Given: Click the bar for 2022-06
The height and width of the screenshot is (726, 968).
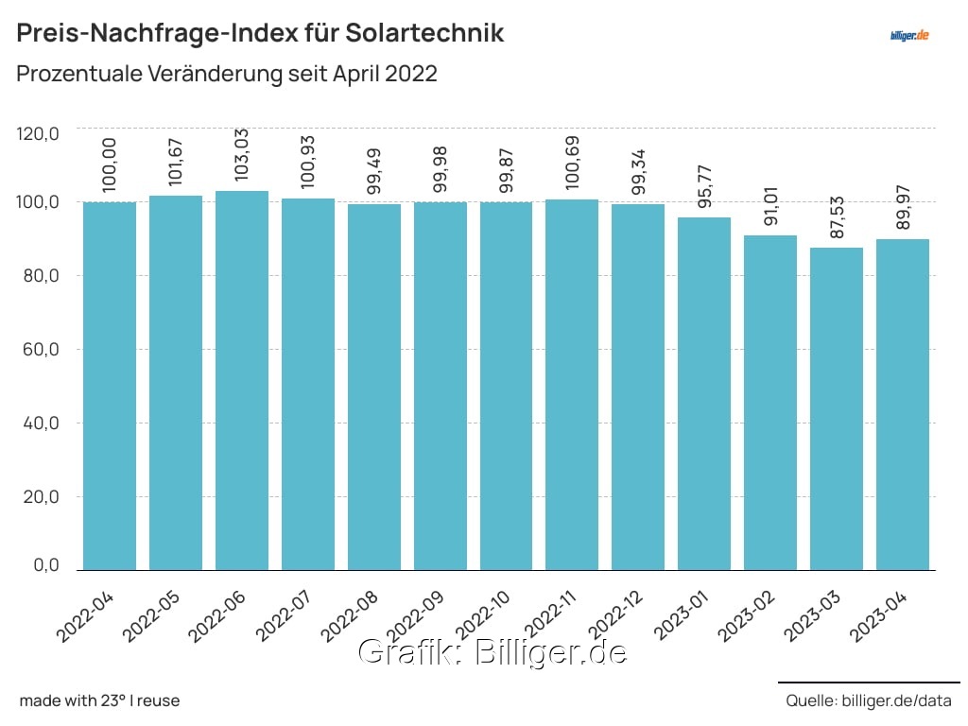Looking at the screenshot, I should (242, 380).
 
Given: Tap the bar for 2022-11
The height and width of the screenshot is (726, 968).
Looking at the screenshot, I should (572, 384).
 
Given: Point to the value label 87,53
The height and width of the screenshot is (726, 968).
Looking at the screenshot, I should (837, 214).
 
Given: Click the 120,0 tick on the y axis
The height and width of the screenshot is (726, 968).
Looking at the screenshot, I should (39, 134).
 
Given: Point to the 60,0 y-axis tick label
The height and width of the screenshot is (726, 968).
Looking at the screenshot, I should (39, 350).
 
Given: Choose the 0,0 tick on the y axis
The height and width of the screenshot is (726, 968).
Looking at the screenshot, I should (43, 565).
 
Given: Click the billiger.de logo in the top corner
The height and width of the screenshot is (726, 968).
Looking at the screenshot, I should (910, 35).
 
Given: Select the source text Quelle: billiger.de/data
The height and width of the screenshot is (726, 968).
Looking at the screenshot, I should (868, 700).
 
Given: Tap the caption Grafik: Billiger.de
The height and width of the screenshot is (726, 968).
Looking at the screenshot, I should (492, 652).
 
